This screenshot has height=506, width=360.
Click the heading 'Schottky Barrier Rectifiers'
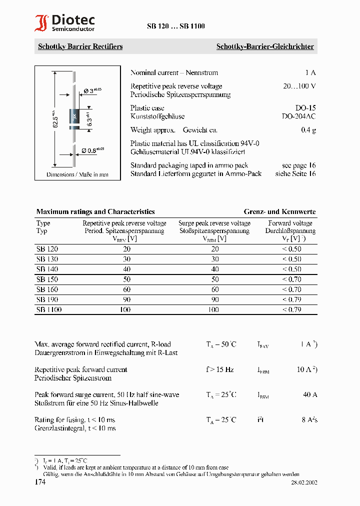(80, 46)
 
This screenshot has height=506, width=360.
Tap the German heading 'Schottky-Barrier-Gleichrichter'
(264, 46)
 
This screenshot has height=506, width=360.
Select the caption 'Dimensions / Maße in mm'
(77, 174)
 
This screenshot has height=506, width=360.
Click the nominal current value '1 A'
(310, 72)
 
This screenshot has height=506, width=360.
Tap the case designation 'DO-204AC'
(298, 116)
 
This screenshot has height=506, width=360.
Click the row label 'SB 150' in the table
(47, 279)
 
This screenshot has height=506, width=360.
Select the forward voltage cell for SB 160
(291, 289)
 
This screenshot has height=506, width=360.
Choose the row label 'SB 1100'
(49, 310)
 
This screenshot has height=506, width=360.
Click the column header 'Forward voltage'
(290, 223)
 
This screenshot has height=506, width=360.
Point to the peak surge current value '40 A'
(310, 394)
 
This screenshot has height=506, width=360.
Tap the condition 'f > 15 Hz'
(219, 369)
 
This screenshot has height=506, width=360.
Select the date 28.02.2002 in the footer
(304, 482)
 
